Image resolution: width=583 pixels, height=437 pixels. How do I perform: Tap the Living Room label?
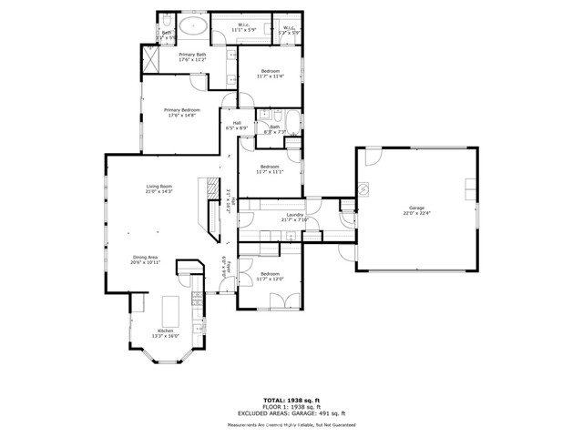point(159,188)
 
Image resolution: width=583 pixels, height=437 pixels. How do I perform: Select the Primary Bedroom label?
point(183,110)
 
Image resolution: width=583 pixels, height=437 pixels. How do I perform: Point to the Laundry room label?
point(295,215)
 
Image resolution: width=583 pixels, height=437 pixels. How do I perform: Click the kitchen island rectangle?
point(170,309)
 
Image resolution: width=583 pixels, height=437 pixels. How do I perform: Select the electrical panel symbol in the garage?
point(363,189)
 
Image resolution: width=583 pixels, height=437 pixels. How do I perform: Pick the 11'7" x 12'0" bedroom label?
point(270,275)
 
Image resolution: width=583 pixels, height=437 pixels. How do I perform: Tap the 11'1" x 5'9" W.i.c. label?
point(245,28)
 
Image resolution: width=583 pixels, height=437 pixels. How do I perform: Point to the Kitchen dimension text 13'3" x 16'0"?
point(166,335)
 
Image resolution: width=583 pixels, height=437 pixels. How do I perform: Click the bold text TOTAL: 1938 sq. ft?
point(291,400)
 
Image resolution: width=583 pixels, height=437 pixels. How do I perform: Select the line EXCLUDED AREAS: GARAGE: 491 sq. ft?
point(291,414)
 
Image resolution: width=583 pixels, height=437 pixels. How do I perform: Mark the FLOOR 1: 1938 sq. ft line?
point(291,407)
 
